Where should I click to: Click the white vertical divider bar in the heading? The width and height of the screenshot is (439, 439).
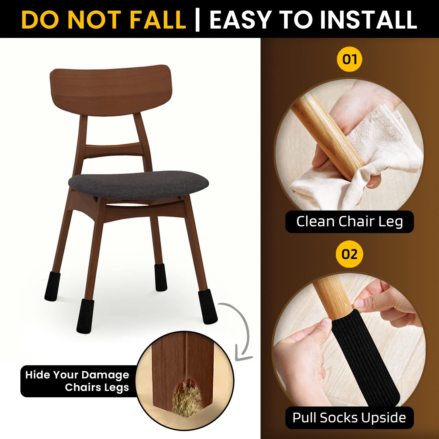pos(197,20)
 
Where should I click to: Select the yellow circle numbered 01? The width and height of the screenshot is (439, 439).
pos(349,59)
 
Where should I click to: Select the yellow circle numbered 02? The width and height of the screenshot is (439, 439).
pos(349,254)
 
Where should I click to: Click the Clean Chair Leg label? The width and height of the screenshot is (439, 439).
pos(349,221)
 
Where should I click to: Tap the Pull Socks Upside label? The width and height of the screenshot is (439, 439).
pos(349,418)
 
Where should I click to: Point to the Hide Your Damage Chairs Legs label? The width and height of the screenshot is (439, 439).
pos(77,381)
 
